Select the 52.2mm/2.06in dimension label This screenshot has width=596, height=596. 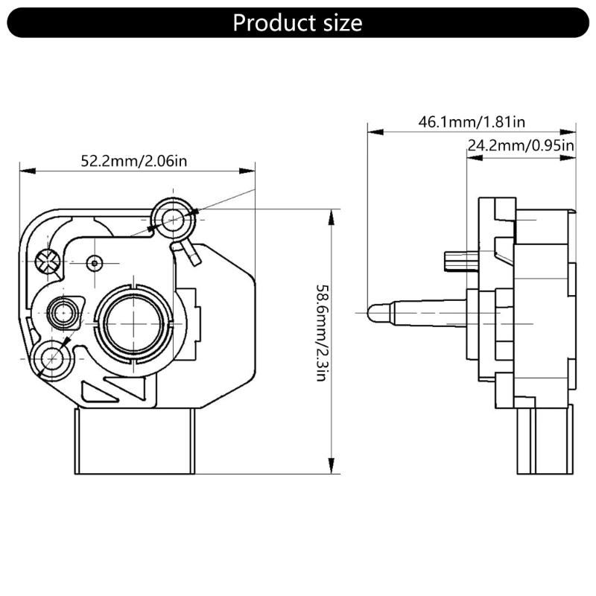click(134, 160)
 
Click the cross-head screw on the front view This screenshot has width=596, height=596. click(48, 261)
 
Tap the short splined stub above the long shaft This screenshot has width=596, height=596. click(455, 261)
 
